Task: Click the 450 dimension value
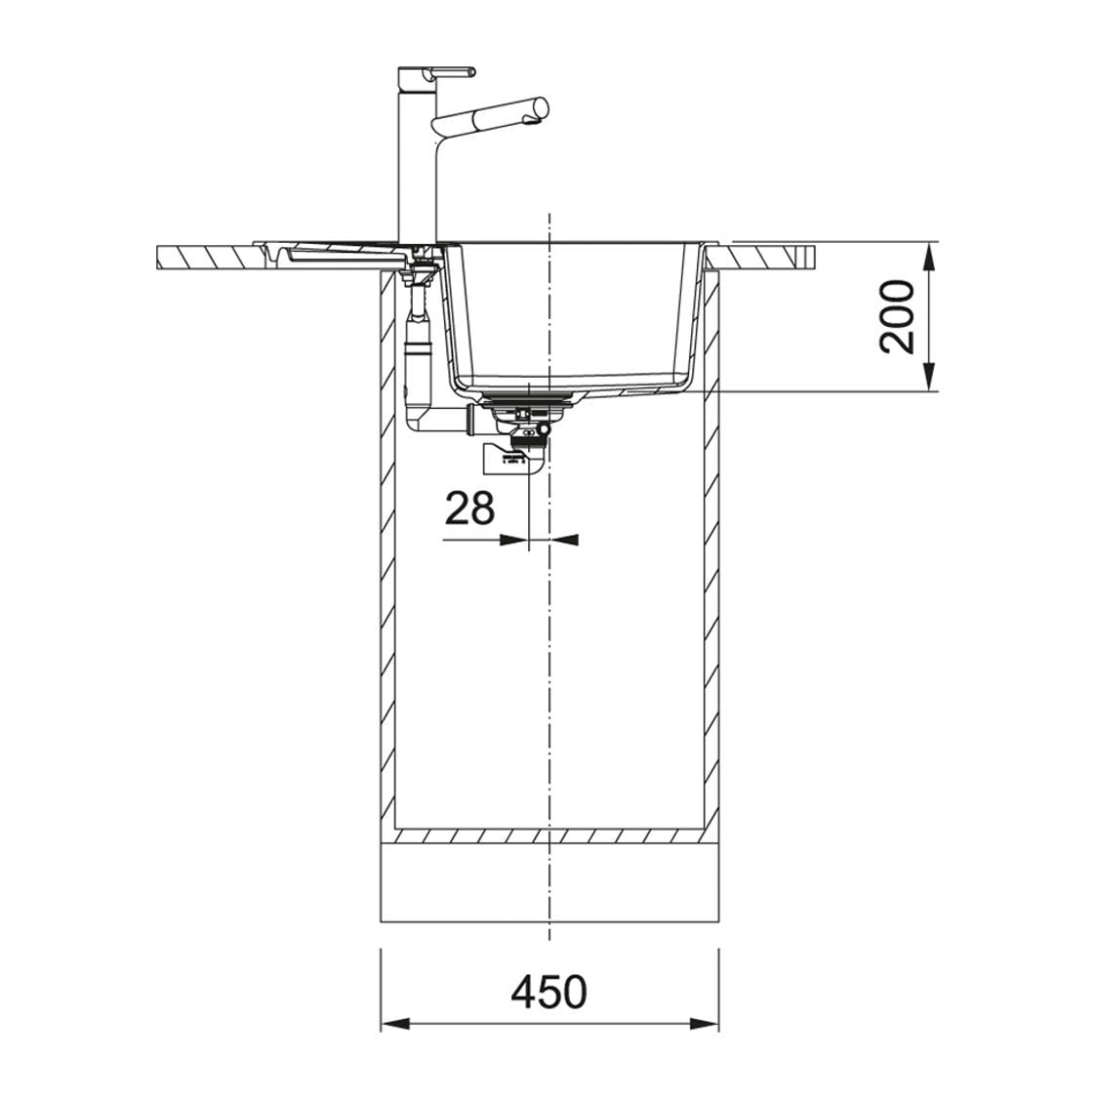549,992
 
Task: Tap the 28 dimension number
469,508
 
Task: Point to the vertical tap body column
417,161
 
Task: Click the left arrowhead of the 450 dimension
393,1024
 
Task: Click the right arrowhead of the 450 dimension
705,1024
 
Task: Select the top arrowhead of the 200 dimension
928,257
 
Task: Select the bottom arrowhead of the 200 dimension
928,377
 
